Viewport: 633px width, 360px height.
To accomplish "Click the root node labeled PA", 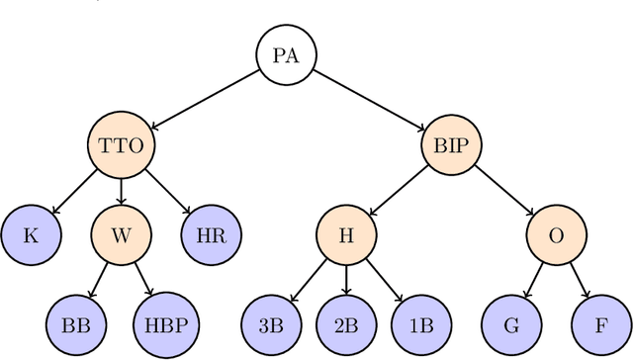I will pyautogui.click(x=285, y=54).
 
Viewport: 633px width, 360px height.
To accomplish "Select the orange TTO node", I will pyautogui.click(x=122, y=146).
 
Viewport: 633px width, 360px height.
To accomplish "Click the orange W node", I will pyautogui.click(x=121, y=235).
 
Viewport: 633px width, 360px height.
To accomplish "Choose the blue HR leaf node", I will pyautogui.click(x=209, y=235).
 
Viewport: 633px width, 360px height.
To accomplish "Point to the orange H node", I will pyautogui.click(x=346, y=235).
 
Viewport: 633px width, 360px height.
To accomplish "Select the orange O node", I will pyautogui.click(x=555, y=235).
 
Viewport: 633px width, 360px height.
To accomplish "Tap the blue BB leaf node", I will pyautogui.click(x=76, y=323).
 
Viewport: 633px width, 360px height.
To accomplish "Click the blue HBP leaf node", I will pyautogui.click(x=165, y=323).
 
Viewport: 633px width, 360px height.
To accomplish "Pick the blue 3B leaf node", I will pyautogui.click(x=271, y=323).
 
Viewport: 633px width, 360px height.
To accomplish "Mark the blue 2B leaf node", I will pyautogui.click(x=346, y=323).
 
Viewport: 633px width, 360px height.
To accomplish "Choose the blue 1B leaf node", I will pyautogui.click(x=420, y=323).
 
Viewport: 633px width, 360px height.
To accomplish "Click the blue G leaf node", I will pyautogui.click(x=510, y=323).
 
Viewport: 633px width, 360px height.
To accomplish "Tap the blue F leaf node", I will pyautogui.click(x=599, y=323).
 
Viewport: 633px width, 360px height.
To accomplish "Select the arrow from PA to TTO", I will pyautogui.click(x=204, y=100).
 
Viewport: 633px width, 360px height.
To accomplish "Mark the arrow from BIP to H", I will pyautogui.click(x=398, y=191).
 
